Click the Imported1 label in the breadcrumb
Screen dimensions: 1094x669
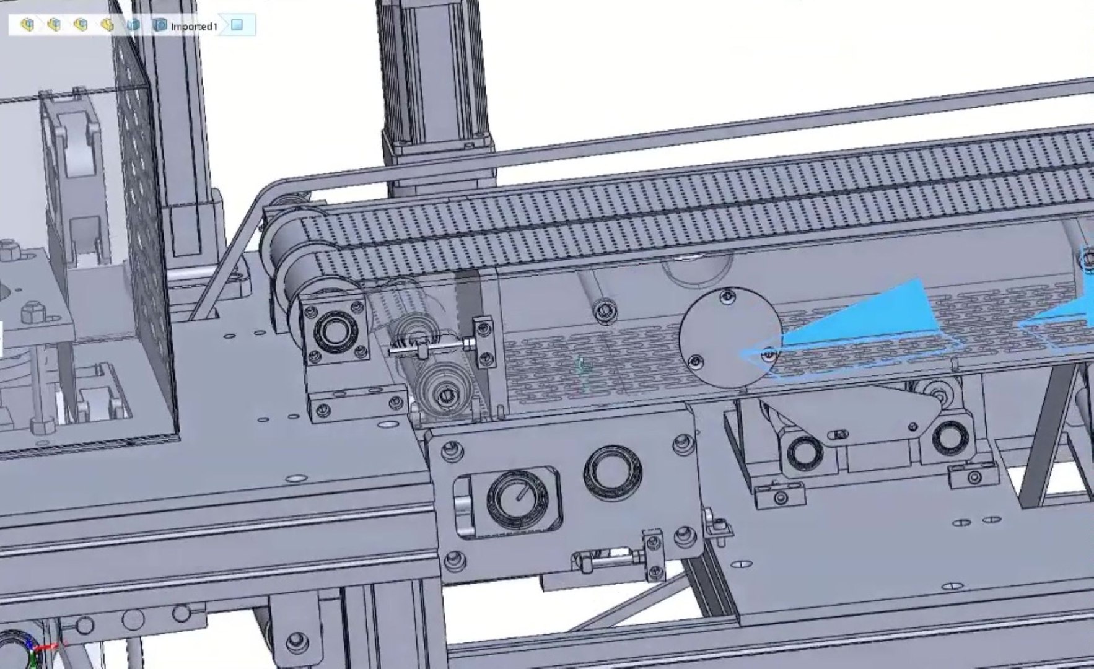click(x=194, y=26)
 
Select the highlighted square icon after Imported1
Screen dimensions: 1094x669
click(x=237, y=25)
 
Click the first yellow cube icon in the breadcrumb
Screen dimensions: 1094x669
click(x=27, y=25)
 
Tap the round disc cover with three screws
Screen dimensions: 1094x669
click(x=730, y=338)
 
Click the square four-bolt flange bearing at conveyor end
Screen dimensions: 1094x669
click(x=335, y=331)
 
